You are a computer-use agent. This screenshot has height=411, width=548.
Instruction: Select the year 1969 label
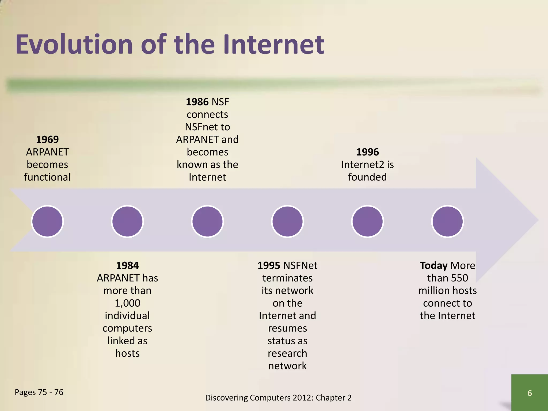click(47, 139)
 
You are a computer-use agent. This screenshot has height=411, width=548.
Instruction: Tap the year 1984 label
click(127, 265)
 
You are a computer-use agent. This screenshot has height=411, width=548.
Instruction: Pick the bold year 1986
click(197, 102)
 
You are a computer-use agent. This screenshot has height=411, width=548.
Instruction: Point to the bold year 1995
click(269, 265)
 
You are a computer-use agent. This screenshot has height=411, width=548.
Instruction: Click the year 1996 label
click(367, 152)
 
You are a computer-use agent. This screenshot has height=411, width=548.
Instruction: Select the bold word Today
click(433, 265)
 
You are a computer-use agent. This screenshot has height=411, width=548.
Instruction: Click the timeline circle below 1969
click(47, 221)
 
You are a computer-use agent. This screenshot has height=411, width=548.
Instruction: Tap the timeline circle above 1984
click(127, 221)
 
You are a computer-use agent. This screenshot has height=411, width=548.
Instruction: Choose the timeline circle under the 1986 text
click(207, 221)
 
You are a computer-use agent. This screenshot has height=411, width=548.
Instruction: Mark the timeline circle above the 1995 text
click(287, 221)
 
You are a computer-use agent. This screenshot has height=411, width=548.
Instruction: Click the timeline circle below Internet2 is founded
click(367, 221)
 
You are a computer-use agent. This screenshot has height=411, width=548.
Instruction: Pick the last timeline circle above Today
click(447, 221)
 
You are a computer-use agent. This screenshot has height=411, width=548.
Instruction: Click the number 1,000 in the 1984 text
click(127, 303)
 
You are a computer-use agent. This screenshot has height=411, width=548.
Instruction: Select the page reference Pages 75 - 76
click(39, 392)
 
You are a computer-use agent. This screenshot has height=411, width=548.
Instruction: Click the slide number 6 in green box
click(530, 393)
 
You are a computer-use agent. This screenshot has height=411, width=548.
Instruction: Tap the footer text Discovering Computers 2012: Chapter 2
click(278, 398)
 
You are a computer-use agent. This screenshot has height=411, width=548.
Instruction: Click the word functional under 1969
click(47, 177)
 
